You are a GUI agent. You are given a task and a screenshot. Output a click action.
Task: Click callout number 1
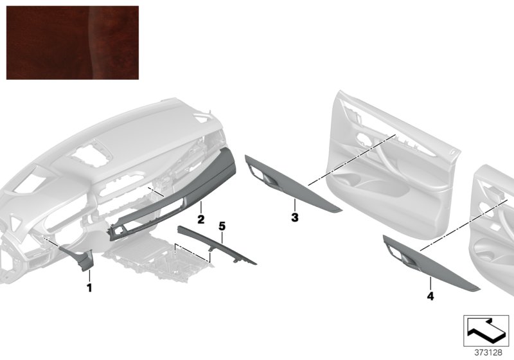pyautogui.click(x=89, y=287)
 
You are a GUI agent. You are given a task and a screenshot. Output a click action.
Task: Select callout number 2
pyautogui.click(x=200, y=219)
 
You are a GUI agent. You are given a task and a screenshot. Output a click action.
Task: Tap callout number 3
pyautogui.click(x=295, y=217)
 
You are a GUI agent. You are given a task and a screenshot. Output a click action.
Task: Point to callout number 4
pyautogui.click(x=430, y=296)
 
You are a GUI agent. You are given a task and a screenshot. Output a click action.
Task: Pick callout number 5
pyautogui.click(x=222, y=226)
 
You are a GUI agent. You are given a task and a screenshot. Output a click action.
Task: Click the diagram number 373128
pyautogui.click(x=488, y=352)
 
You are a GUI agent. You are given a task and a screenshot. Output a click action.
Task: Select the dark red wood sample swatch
pyautogui.click(x=73, y=42)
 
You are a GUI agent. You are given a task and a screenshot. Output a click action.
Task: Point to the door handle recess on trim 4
pyautogui.click(x=404, y=258)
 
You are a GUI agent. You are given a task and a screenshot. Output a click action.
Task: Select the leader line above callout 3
pyautogui.click(x=295, y=205)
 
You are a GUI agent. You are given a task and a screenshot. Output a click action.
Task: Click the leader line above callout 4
pyautogui.click(x=430, y=283)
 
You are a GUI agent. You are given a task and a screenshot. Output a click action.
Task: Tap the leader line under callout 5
pyautogui.click(x=222, y=237)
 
